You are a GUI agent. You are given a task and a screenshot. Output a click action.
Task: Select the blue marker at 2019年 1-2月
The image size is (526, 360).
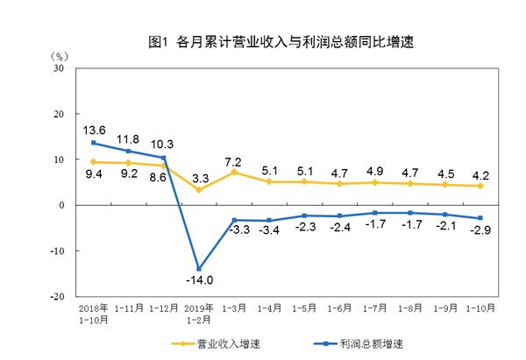click(x=200, y=269)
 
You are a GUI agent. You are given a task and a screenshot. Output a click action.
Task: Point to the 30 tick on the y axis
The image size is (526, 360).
click(x=58, y=67)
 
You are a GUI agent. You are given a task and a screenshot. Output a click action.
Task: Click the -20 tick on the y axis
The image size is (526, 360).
click(x=56, y=297)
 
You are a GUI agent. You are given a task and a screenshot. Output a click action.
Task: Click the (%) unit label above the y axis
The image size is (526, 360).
click(x=54, y=55)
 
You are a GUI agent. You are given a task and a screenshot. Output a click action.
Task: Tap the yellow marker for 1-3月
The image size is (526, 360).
click(x=234, y=173)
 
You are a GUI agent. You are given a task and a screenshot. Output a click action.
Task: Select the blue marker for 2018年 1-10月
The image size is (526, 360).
click(x=93, y=143)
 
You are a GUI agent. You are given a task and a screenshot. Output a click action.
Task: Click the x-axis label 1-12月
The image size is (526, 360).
click(x=164, y=310)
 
